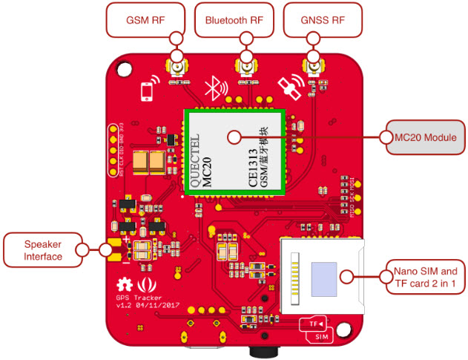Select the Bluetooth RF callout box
pos(234,20)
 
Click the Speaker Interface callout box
pos(43,250)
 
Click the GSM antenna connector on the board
pos(177,70)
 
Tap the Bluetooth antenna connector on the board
pos(245,70)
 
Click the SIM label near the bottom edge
pos(322,337)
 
